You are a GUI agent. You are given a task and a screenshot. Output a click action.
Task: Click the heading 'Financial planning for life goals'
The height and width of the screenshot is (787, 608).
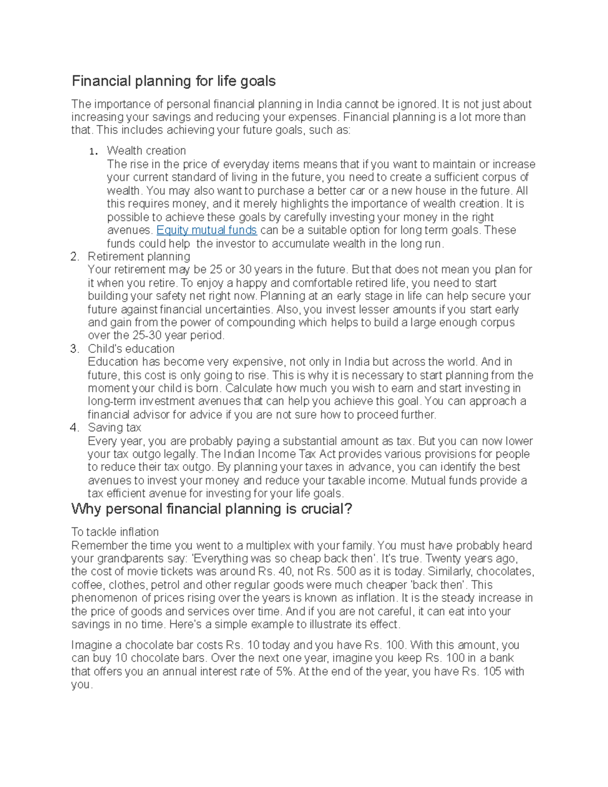click(x=173, y=81)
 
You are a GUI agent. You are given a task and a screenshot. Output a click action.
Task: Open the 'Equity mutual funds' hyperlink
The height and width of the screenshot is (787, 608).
click(x=207, y=231)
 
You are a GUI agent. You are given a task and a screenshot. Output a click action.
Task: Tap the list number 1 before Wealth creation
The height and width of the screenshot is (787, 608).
click(x=92, y=152)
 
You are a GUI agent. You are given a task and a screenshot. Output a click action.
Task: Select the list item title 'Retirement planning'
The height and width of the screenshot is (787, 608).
click(x=139, y=256)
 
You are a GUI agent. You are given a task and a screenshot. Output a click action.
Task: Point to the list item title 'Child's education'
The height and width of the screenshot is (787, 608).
click(x=131, y=349)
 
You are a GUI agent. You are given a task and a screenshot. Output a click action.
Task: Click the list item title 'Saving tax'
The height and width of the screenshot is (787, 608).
click(x=114, y=428)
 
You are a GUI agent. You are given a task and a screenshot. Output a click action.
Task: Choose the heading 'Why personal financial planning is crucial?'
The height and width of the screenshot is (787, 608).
click(x=211, y=509)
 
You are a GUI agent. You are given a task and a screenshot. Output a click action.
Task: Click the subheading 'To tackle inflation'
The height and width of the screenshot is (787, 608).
click(x=115, y=532)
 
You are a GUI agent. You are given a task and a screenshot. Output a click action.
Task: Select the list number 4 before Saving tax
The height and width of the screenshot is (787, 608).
click(x=74, y=428)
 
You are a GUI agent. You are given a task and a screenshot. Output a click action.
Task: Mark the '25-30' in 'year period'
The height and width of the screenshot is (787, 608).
click(x=148, y=335)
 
